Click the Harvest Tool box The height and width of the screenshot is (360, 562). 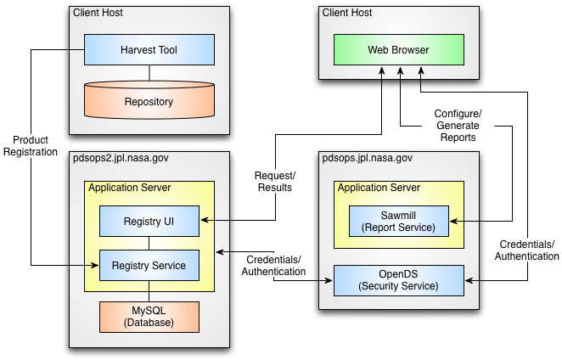pos(149,49)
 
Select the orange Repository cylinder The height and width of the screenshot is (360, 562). pos(149,100)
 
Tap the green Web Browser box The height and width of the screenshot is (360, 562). pos(398,49)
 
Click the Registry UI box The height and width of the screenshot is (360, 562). pos(149,222)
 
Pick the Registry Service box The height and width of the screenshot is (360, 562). pos(149,266)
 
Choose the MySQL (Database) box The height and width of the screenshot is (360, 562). pos(149,317)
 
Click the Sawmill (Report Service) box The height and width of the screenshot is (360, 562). pos(398,222)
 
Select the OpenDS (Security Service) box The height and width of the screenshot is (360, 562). pos(398,280)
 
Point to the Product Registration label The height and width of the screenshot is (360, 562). pos(31,145)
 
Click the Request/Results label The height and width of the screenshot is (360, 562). pos(275,182)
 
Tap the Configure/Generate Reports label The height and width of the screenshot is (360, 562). pos(458,126)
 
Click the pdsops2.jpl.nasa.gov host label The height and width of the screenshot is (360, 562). pos(121,158)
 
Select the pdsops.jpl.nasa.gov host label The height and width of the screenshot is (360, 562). pos(367,158)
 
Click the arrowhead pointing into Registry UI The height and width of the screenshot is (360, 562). pos(205,220)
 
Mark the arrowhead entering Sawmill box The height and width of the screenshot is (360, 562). pos(453,222)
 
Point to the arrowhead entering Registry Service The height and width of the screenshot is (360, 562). pos(95,266)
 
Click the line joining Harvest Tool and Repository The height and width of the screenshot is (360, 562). pos(149,73)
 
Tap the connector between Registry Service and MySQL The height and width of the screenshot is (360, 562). pos(149,291)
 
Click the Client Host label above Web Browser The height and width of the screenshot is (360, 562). pos(347,13)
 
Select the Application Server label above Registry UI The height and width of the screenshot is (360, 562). pos(130,188)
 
